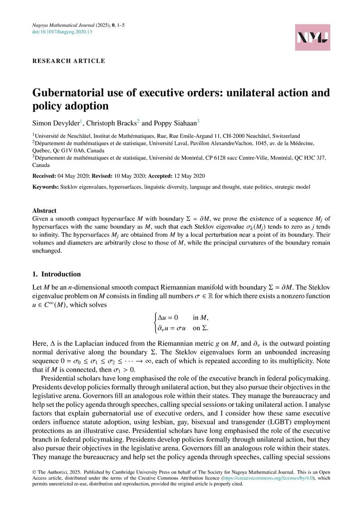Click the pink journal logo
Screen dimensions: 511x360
coord(313,37)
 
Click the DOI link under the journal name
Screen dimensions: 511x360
coord(62,32)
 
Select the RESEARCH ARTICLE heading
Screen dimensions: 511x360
coord(68,61)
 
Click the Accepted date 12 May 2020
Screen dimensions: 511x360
coord(192,175)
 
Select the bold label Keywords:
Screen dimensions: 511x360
coord(45,187)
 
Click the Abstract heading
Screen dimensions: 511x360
coord(44,210)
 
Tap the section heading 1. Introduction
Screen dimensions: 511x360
coord(56,274)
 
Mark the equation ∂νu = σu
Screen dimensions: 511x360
coord(170,328)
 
